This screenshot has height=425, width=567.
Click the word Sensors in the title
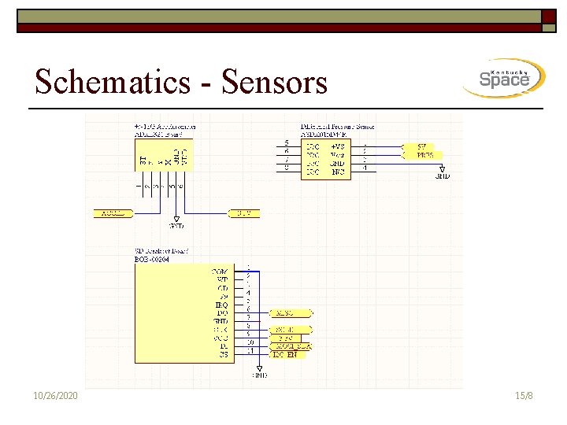pos(275,81)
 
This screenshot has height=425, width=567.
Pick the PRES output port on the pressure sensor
pos(423,155)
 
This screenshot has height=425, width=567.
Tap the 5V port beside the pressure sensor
pos(423,146)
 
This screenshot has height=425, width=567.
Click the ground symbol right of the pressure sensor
pos(443,172)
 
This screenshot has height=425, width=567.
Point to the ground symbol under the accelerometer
pos(176,221)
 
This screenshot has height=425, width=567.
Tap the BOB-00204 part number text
pos(152,259)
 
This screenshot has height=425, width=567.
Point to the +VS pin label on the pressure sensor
pos(337,146)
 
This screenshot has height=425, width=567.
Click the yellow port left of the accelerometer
pos(112,213)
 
